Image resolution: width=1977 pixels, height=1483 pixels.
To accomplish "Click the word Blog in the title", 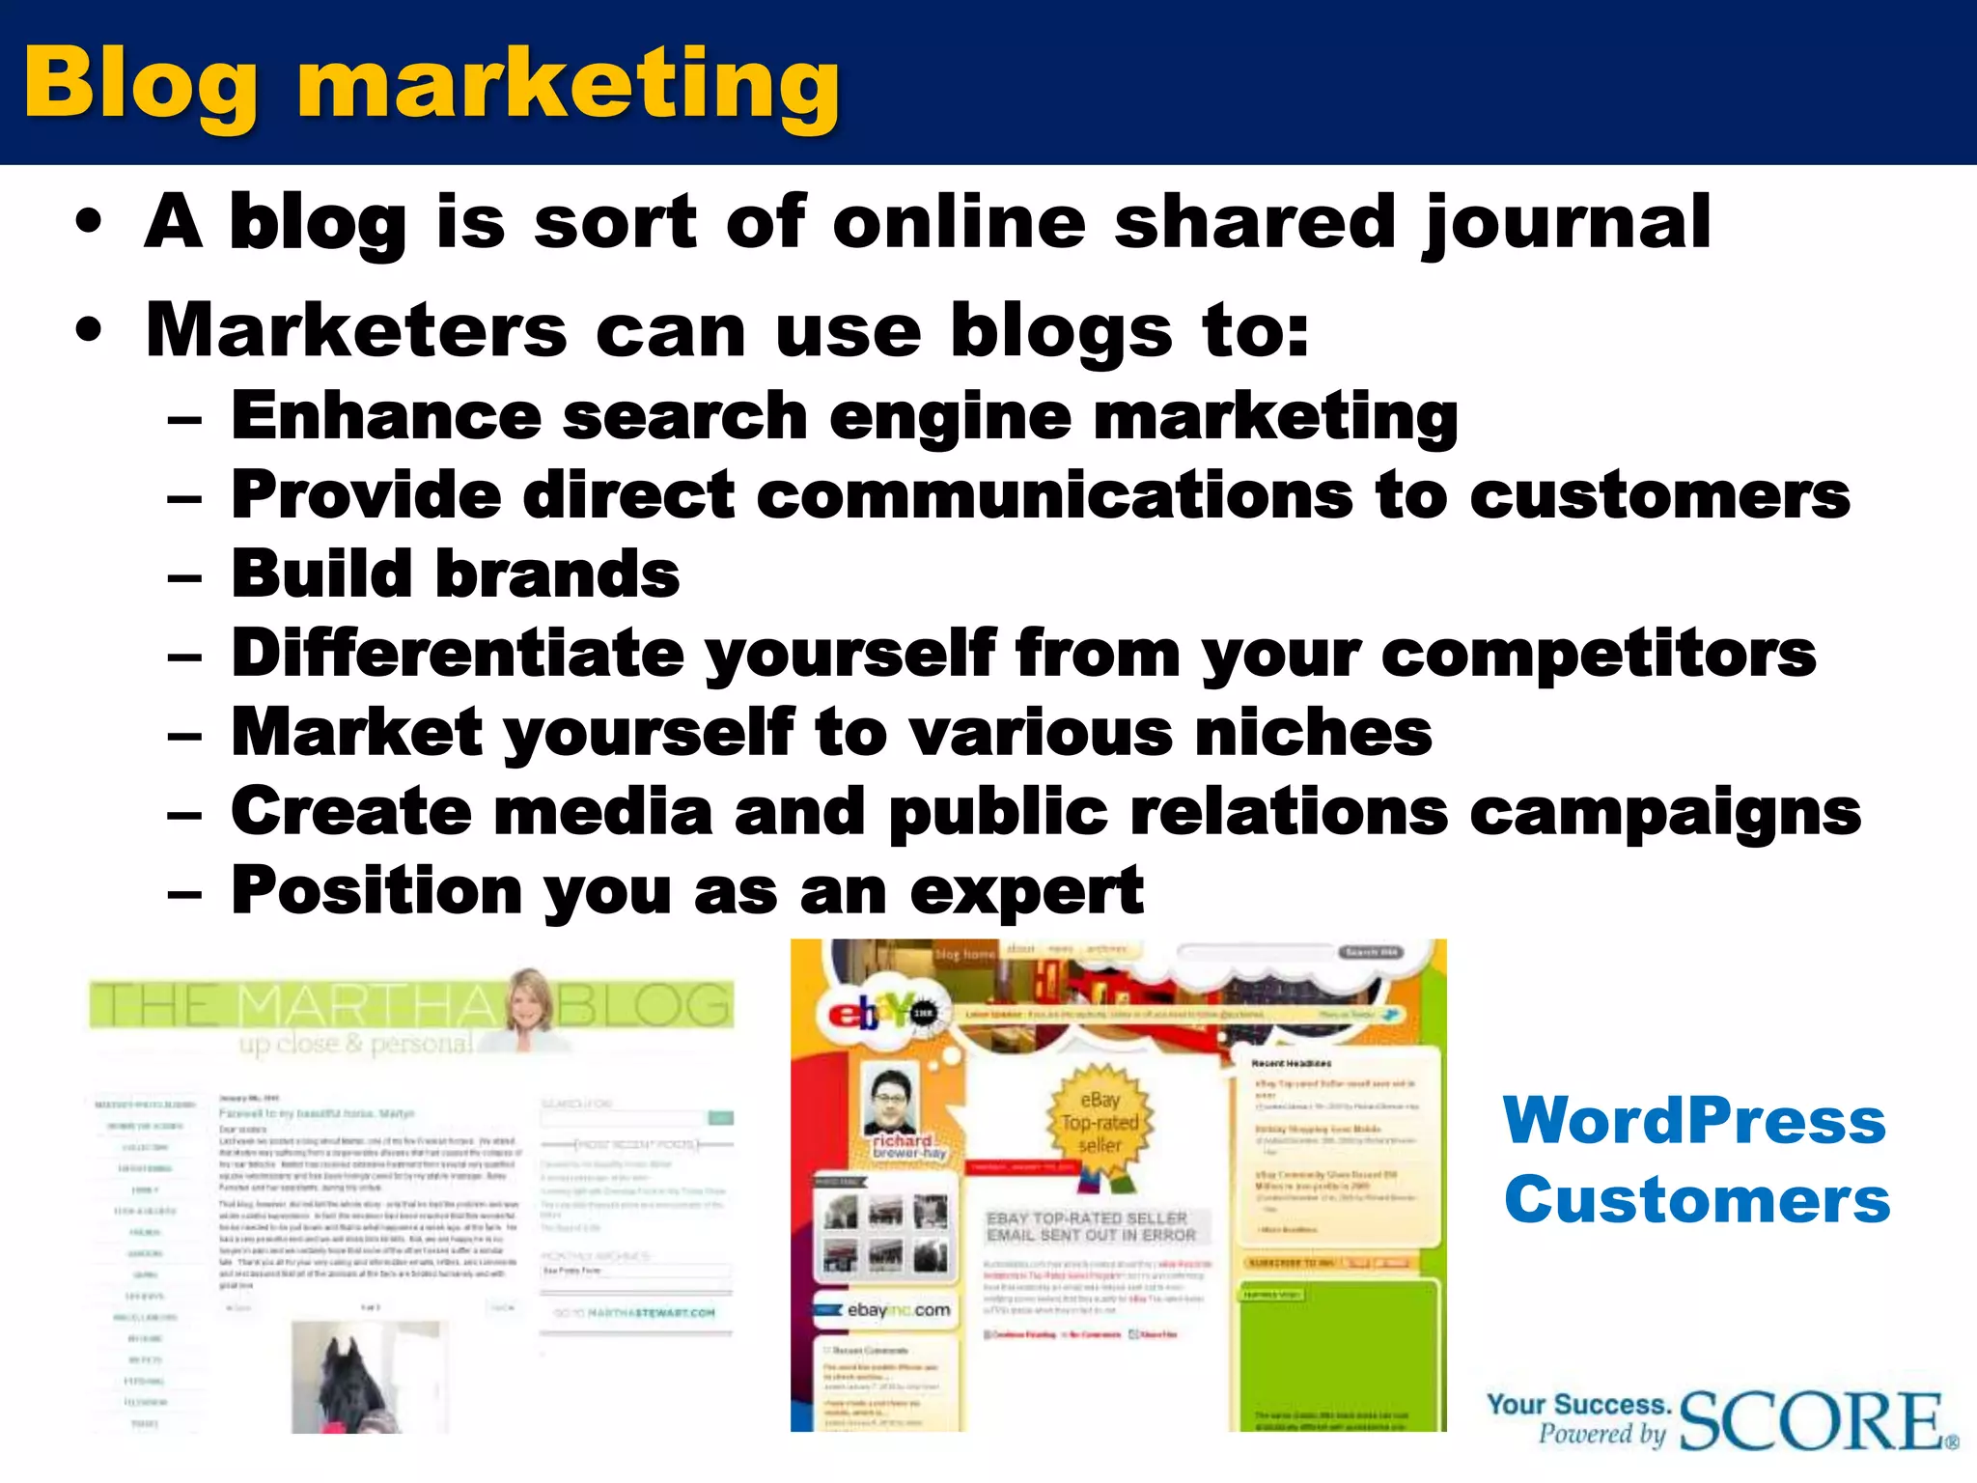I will click(141, 85).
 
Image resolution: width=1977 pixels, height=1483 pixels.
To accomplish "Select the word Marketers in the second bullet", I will click(356, 330).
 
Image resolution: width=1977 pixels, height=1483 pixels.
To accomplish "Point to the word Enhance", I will click(386, 416).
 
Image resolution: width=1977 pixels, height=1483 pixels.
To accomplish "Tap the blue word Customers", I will click(1696, 1199).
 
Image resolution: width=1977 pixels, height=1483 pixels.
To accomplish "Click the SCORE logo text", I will click(1813, 1421).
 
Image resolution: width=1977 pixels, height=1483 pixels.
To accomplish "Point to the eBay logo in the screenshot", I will click(875, 1014).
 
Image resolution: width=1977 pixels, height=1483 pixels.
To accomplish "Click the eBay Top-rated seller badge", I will click(1100, 1123).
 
